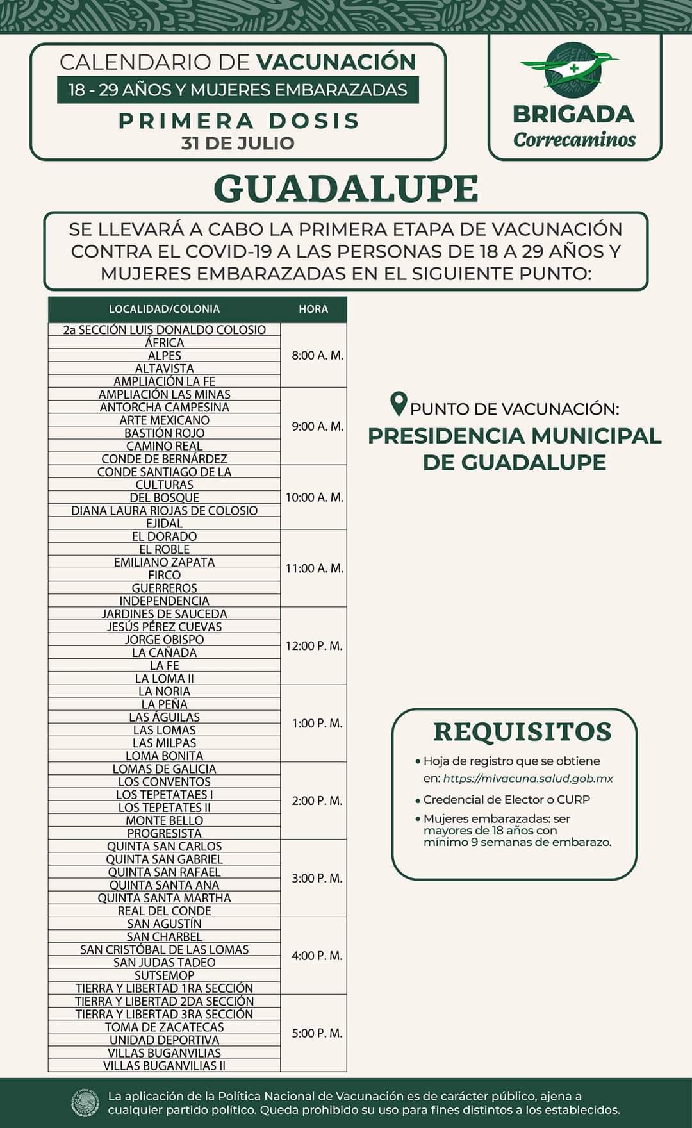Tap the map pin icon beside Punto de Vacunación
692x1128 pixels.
click(x=399, y=404)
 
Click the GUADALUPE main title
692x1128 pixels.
click(x=346, y=188)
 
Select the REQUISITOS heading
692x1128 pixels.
click(x=522, y=731)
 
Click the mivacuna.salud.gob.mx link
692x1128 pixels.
click(x=528, y=779)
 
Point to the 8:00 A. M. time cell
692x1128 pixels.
click(x=317, y=355)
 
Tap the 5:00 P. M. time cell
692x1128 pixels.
click(x=317, y=1033)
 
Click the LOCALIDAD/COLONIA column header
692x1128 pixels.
click(x=164, y=309)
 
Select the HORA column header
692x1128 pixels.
click(x=313, y=309)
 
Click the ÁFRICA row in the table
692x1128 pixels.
click(x=164, y=343)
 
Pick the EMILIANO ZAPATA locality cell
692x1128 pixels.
click(x=164, y=562)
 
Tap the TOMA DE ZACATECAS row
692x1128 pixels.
click(x=164, y=1027)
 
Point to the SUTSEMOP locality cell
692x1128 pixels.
click(x=164, y=975)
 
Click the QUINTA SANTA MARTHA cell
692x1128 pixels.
click(x=164, y=898)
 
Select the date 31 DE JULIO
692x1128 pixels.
click(x=238, y=143)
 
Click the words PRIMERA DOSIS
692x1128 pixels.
click(x=239, y=120)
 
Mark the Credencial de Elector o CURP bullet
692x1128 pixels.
click(x=506, y=800)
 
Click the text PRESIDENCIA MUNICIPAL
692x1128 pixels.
click(x=515, y=436)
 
